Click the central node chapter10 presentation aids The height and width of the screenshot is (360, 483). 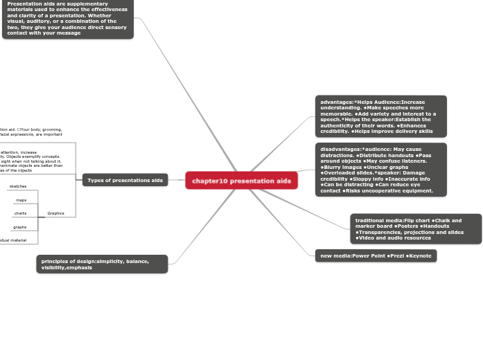pos(241,181)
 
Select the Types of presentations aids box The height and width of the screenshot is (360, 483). pos(125,181)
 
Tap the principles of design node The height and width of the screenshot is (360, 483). pos(102,264)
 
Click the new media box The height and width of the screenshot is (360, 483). pos(376,256)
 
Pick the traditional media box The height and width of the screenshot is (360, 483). pos(416,229)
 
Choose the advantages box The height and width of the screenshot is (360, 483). pos(380,116)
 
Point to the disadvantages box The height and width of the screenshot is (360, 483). pos(380,170)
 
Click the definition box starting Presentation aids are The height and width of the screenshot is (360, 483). pos(68,19)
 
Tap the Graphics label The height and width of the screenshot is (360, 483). pos(55,213)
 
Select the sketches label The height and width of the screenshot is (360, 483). pos(18,187)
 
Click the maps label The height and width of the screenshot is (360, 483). pos(21,200)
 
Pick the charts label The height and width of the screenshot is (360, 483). pos(20,213)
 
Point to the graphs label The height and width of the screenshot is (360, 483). pos(20,227)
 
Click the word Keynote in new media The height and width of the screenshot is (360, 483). pos(420,256)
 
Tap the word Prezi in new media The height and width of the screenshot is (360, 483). pos(396,256)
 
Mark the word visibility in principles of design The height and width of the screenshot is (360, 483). pos(58,267)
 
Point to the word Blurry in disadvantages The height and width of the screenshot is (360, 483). pos(333,167)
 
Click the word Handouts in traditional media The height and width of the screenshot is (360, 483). pos(437,226)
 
